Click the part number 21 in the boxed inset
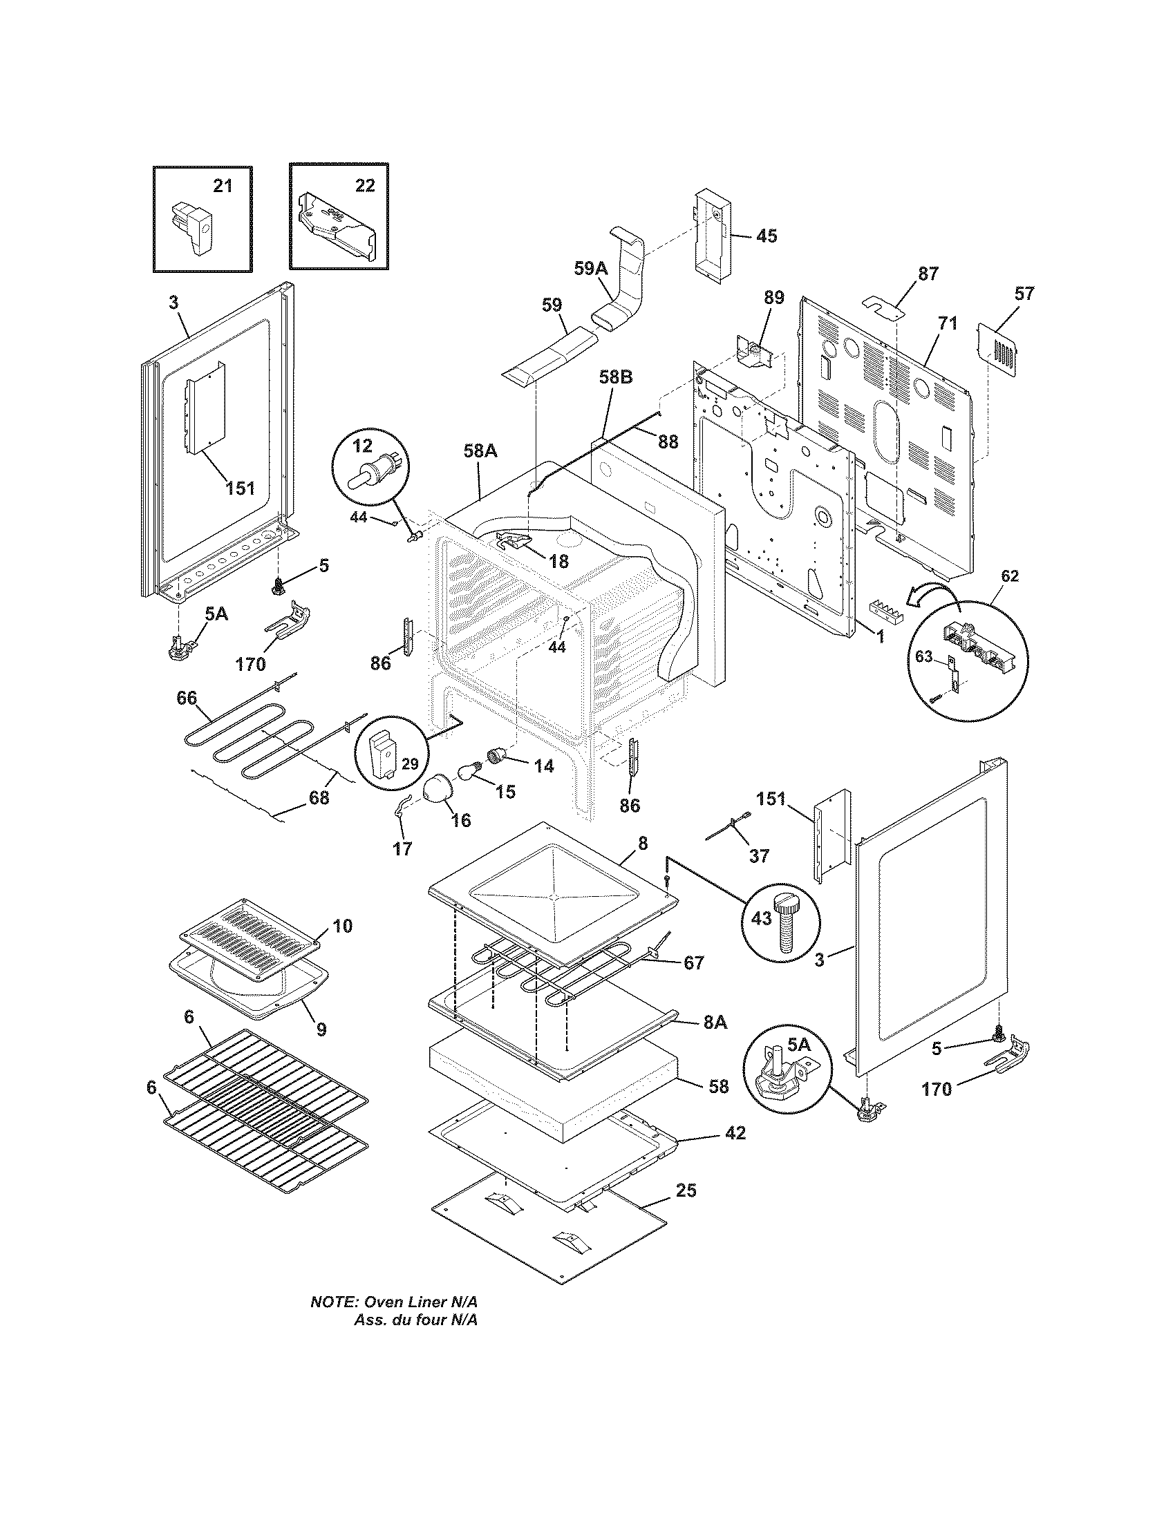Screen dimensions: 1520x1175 pos(222,186)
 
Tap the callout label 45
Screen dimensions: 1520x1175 pos(766,236)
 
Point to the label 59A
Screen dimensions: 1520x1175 pos(591,268)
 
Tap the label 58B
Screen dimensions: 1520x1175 pos(615,378)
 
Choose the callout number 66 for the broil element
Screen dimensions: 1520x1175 pos(187,698)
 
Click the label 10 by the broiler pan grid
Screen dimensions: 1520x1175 pos(342,926)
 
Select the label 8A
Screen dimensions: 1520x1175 pos(715,1022)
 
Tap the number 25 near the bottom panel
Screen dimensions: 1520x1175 pos(686,1191)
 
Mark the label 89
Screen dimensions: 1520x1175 pos(773,298)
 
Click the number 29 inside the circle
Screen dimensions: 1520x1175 pos(409,764)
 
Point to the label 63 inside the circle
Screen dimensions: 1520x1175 pos(923,657)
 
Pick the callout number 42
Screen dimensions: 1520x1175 pos(735,1133)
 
